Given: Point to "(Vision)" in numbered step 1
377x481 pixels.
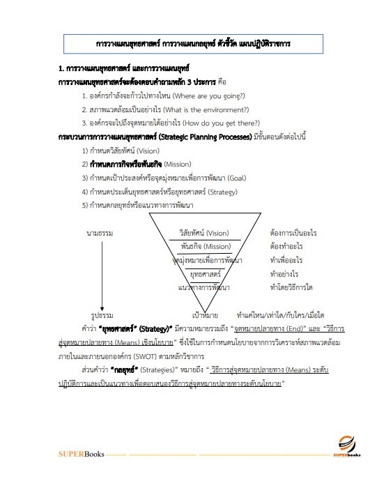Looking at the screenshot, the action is (x=148, y=151).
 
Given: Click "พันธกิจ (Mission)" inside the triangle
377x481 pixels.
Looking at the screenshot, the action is (x=204, y=245).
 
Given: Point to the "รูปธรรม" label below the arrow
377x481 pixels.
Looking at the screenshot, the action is (x=102, y=315).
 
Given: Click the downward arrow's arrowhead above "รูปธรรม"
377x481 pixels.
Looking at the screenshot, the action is (x=102, y=305).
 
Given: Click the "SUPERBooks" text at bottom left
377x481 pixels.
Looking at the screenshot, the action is (x=81, y=455).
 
